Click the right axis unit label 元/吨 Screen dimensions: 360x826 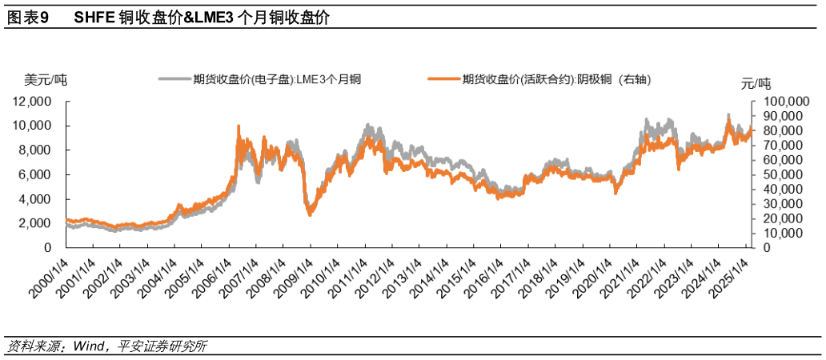(x=756, y=83)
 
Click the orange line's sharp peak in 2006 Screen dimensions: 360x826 (x=239, y=126)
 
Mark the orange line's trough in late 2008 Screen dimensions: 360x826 (x=311, y=214)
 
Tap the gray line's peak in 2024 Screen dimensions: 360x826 (x=728, y=115)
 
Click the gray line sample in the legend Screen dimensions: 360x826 (x=174, y=78)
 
